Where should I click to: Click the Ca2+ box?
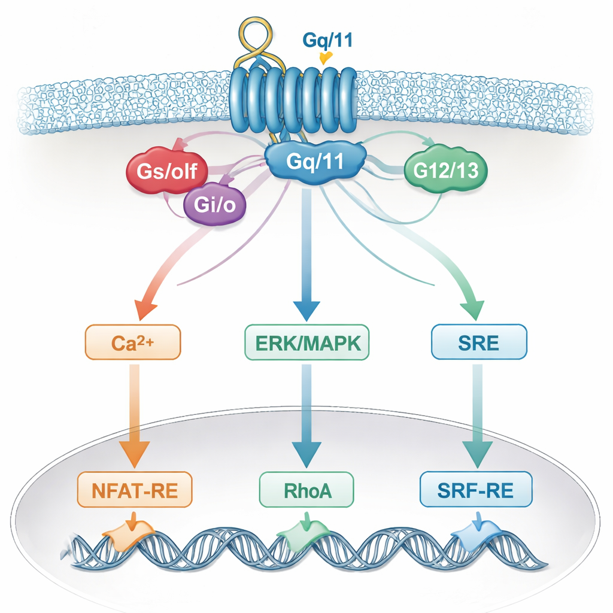(132, 342)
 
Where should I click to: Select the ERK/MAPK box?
(307, 342)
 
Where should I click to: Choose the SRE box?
(479, 342)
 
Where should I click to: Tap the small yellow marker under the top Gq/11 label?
(326, 57)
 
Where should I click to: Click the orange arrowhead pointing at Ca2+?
(145, 309)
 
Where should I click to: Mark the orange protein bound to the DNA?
(129, 530)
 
